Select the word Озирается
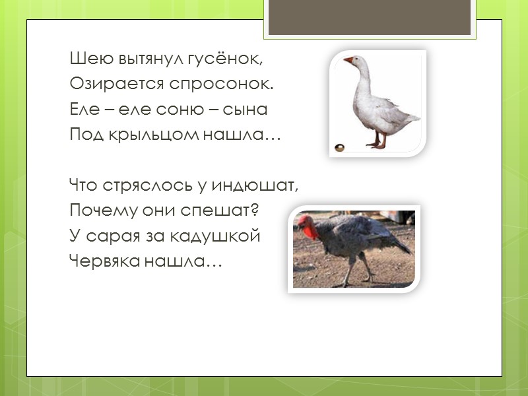(x=114, y=85)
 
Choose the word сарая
(x=108, y=237)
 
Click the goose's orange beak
(x=348, y=61)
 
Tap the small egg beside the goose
(x=339, y=146)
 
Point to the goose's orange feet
(x=378, y=144)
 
